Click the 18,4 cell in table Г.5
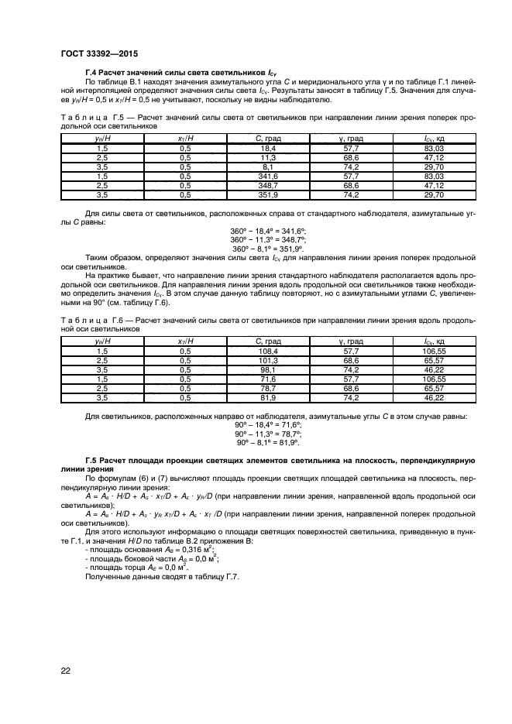269,147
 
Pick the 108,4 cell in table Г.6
269,350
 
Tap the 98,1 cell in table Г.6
269,370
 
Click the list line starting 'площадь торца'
144,567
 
